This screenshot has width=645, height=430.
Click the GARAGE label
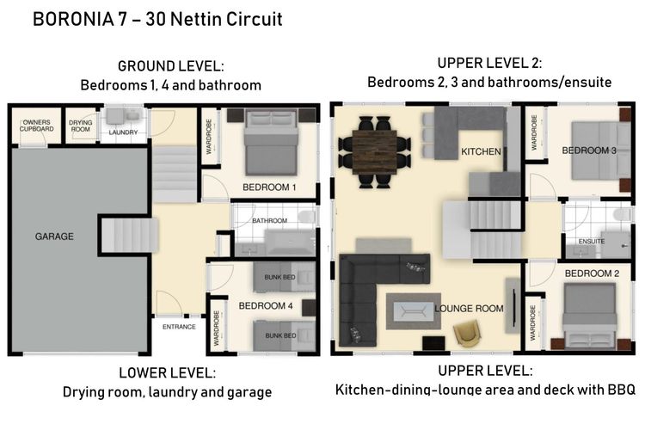pos(54,236)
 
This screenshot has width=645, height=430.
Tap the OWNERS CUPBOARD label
pos(37,126)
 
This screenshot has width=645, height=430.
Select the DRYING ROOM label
pos(80,126)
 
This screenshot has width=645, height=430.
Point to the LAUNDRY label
pos(123,132)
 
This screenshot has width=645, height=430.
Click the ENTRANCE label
pos(179,327)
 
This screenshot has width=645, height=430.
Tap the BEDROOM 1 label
pos(269,187)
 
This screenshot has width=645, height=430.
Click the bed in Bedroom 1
pos(271,143)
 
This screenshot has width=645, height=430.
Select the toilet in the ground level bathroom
pos(306,217)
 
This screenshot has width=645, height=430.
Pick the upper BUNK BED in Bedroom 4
pos(284,277)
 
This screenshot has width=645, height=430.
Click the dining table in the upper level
pos(374,152)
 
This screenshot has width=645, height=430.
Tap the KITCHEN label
pos(481,152)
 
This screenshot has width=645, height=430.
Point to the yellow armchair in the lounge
pos(467,333)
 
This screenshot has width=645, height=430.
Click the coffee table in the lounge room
pos(414,311)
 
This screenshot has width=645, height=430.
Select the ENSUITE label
pos(592,241)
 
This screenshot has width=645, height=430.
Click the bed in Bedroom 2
pos(589,316)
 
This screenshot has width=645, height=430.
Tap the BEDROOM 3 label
pos(589,150)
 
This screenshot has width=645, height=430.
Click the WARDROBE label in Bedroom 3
pos(534,132)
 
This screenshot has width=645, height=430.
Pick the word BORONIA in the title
pos(73,19)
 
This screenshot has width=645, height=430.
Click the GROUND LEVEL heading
pos(171,66)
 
